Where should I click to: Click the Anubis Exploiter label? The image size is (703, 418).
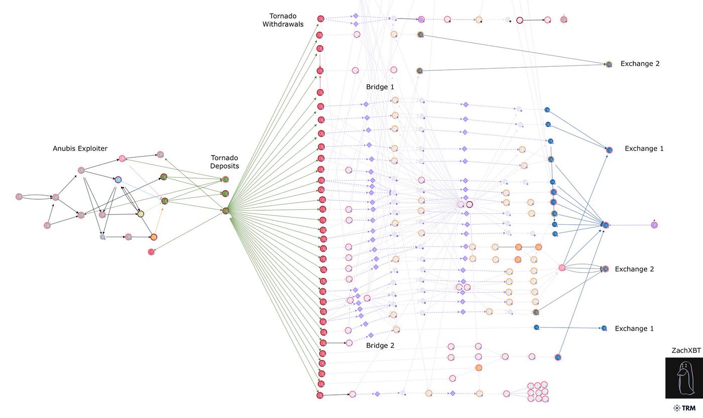(x=80, y=149)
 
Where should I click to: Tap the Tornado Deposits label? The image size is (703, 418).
(x=224, y=162)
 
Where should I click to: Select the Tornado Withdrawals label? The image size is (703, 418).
(x=283, y=20)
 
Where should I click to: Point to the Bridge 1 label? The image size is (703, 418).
(x=380, y=87)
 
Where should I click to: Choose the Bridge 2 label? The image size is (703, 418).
(x=380, y=346)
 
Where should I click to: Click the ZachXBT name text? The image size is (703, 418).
(x=686, y=351)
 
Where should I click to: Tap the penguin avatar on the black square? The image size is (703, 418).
(x=683, y=378)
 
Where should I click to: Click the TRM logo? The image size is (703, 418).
(x=684, y=408)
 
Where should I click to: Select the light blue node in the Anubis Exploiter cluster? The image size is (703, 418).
(x=118, y=180)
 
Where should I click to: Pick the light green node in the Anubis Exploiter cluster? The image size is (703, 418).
(x=141, y=214)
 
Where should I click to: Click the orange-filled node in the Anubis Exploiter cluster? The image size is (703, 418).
(x=154, y=237)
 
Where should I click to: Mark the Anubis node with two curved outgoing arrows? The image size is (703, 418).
(x=19, y=197)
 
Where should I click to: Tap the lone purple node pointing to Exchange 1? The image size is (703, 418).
(x=654, y=225)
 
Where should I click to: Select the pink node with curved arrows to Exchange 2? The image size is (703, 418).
(x=562, y=268)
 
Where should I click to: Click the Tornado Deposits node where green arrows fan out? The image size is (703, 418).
(x=225, y=211)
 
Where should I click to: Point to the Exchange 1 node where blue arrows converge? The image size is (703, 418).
(x=606, y=225)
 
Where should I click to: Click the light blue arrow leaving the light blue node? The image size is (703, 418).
(x=141, y=191)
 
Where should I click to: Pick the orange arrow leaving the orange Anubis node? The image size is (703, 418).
(x=158, y=221)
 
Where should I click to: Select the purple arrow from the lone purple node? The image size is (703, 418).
(x=630, y=225)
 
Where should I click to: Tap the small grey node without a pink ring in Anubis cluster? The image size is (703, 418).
(x=102, y=237)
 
